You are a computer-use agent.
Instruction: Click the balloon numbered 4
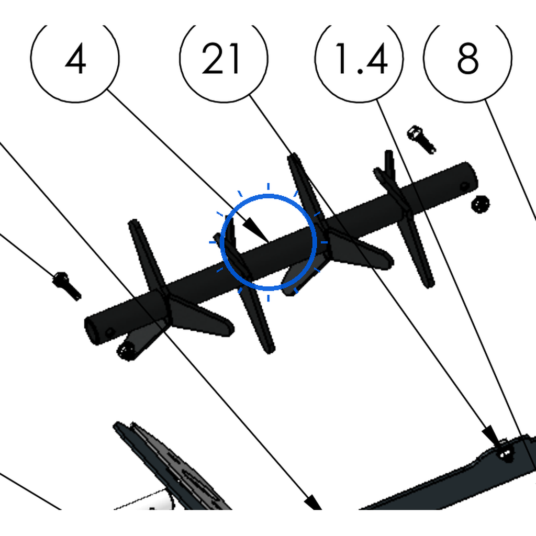pyautogui.click(x=75, y=58)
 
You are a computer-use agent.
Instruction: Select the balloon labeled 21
pyautogui.click(x=224, y=58)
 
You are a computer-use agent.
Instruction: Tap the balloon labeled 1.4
pyautogui.click(x=359, y=58)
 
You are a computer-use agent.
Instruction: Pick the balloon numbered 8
pyautogui.click(x=467, y=58)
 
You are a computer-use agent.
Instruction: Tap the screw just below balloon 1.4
pyautogui.click(x=421, y=139)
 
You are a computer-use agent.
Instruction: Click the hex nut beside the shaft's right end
pyautogui.click(x=481, y=205)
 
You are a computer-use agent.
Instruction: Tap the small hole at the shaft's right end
pyautogui.click(x=464, y=187)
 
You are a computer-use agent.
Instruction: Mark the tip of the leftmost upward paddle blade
pyautogui.click(x=133, y=222)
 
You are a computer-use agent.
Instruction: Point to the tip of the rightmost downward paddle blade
pyautogui.click(x=429, y=284)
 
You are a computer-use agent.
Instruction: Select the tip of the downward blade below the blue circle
pyautogui.click(x=270, y=350)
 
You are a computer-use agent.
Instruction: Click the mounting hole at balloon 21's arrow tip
pyautogui.click(x=506, y=454)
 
